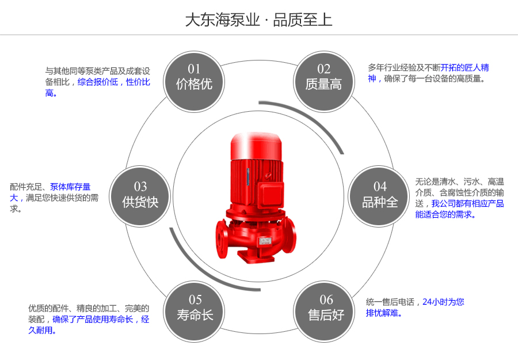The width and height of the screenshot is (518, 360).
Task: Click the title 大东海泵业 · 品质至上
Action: point(258,20)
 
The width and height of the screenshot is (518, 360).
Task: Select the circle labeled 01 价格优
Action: point(194,77)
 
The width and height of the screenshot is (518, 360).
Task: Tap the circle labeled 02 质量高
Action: point(323,77)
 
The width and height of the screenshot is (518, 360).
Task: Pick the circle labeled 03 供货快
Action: point(140,195)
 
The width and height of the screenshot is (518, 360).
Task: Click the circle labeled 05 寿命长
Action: point(195,308)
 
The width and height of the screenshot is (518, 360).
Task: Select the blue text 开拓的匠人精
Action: point(465,68)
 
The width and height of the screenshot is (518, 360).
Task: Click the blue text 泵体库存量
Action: point(70,187)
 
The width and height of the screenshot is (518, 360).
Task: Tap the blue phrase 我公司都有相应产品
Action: point(467,204)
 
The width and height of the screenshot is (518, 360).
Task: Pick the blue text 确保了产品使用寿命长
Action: point(93,319)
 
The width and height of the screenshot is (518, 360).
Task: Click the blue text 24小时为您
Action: point(443,302)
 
